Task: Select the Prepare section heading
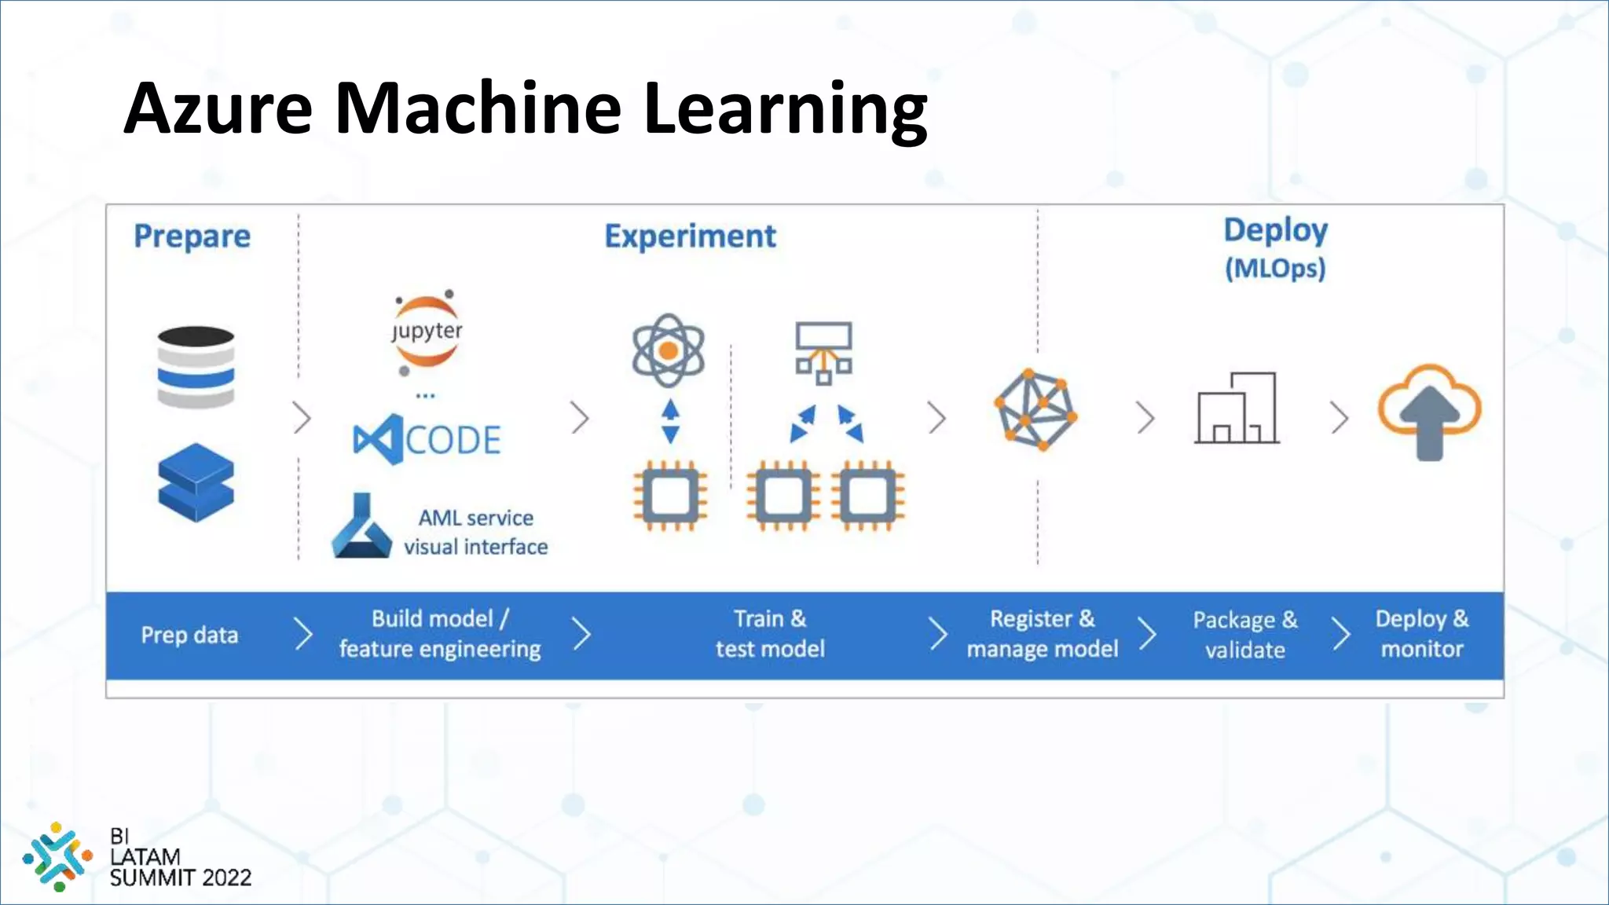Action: [192, 236]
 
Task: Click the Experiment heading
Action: [690, 236]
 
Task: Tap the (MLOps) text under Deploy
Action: [1275, 269]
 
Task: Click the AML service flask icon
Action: [361, 527]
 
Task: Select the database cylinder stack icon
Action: [196, 367]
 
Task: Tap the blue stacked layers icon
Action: [196, 482]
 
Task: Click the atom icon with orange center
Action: [669, 350]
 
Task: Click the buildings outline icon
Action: [1237, 409]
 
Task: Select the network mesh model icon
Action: [1035, 409]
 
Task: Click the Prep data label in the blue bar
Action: [189, 635]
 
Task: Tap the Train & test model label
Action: [770, 634]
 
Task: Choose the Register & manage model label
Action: [1042, 634]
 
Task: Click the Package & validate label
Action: [1245, 635]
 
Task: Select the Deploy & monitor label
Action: [1421, 634]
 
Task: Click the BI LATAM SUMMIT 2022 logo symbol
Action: [57, 856]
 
